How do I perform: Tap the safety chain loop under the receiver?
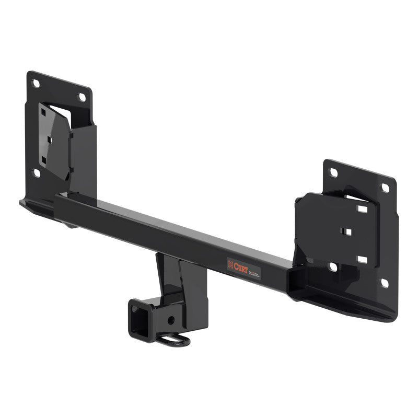tap(177, 340)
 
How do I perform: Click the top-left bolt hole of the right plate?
tap(332, 171)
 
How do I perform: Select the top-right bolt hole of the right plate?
tap(385, 187)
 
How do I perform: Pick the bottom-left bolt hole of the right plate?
tap(333, 267)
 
